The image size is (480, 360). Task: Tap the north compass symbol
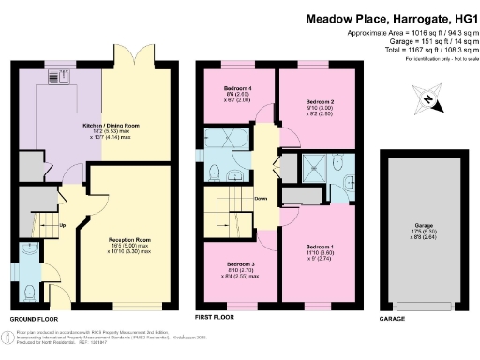click(x=427, y=99)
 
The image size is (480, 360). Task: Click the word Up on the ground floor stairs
click(x=62, y=226)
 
